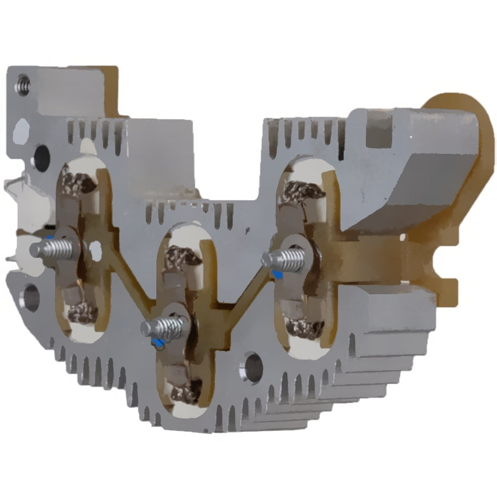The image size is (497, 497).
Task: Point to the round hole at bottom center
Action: pyautogui.click(x=252, y=367)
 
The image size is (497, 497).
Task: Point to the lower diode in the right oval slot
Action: pyautogui.click(x=305, y=328)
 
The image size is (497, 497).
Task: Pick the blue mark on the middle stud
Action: pyautogui.click(x=160, y=341)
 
